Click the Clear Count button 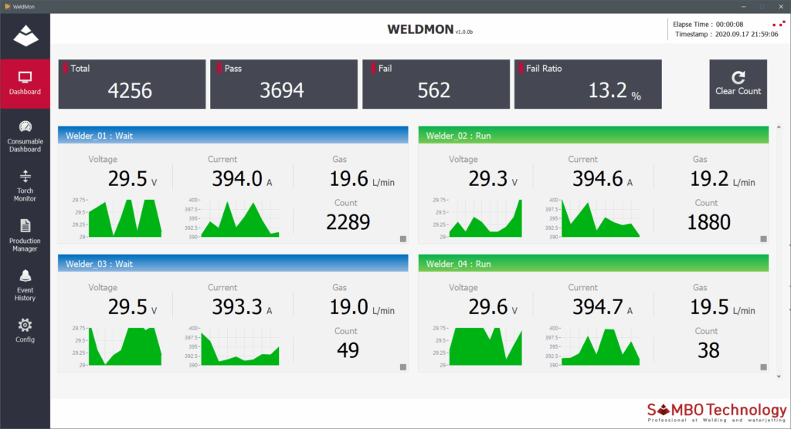[x=738, y=84]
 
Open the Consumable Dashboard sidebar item [x=25, y=136]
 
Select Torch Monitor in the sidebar [x=25, y=185]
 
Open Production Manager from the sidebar [x=25, y=235]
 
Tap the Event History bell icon [x=25, y=276]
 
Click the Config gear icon [x=25, y=325]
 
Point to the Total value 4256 [x=130, y=91]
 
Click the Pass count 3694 [x=282, y=91]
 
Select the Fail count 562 [x=433, y=91]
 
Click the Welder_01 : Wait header [x=233, y=135]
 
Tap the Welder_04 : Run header [x=593, y=264]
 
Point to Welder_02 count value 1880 [x=708, y=222]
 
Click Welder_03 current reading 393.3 [x=237, y=307]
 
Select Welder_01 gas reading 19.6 [x=349, y=179]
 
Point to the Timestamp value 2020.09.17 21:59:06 [x=745, y=35]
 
